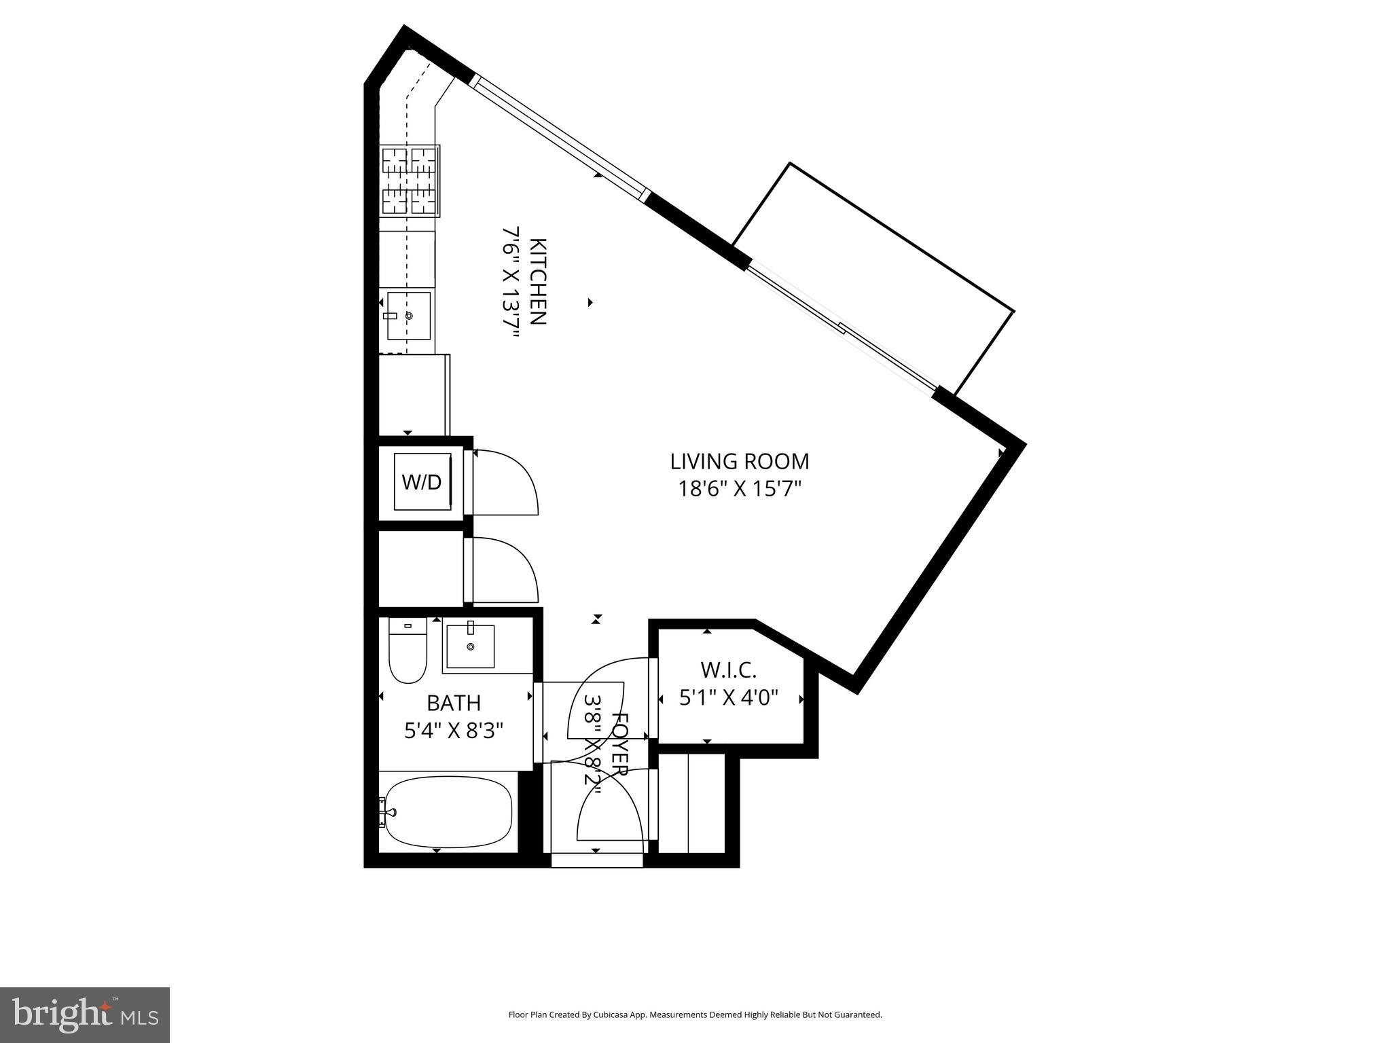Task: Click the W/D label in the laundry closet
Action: click(422, 482)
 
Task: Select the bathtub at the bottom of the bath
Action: click(445, 813)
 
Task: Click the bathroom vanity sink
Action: click(469, 646)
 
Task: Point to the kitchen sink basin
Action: click(409, 316)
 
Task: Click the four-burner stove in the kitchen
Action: click(410, 181)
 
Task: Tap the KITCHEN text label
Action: click(537, 281)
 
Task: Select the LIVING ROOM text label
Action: click(740, 462)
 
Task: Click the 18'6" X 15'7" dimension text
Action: click(740, 489)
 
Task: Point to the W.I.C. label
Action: click(728, 670)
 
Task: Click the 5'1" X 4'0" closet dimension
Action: click(728, 697)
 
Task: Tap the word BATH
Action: click(454, 703)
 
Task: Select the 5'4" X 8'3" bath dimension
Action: click(454, 731)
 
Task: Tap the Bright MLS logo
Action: click(85, 1015)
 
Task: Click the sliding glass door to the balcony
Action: click(842, 329)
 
